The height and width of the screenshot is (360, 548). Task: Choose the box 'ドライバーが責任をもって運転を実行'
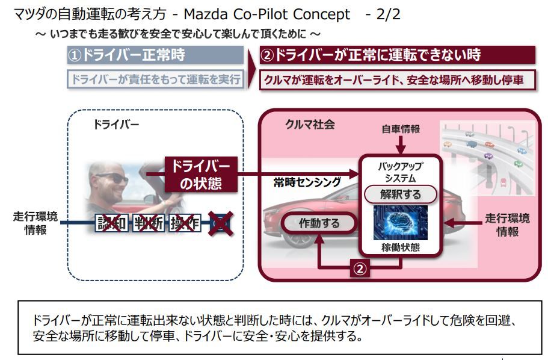(x=155, y=79)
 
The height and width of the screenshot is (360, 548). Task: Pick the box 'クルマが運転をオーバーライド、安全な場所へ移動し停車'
(x=397, y=79)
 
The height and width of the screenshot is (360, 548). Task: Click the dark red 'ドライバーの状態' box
(x=201, y=175)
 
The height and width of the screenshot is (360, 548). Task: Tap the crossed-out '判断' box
(x=147, y=223)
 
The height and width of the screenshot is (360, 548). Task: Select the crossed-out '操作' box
(x=183, y=223)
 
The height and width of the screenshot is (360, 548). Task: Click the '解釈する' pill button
(x=400, y=194)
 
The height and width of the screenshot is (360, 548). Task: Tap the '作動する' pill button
(x=319, y=223)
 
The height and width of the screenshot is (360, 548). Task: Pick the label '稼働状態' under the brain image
(x=400, y=247)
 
